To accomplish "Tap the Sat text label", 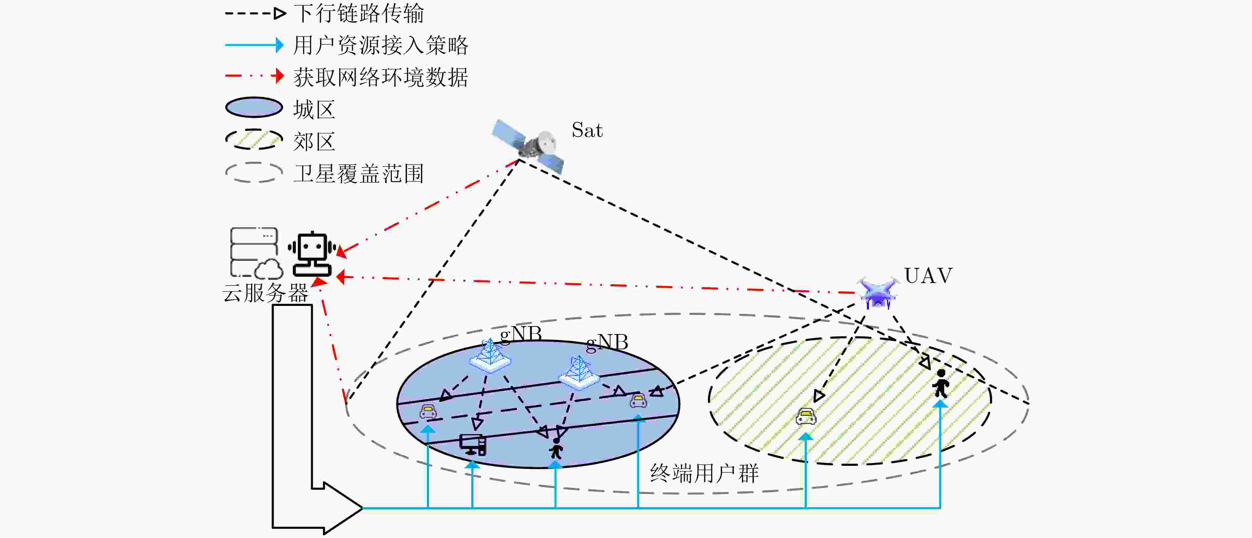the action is pyautogui.click(x=587, y=130).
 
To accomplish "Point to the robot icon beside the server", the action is pyautogui.click(x=312, y=254).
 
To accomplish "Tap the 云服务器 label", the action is pyautogui.click(x=265, y=293).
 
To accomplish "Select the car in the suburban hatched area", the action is pyautogui.click(x=806, y=416).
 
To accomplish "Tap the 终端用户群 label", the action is pyautogui.click(x=704, y=473).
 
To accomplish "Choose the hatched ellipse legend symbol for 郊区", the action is pyautogui.click(x=254, y=139).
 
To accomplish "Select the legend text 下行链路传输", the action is pyautogui.click(x=359, y=13).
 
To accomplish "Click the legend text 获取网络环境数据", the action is pyautogui.click(x=381, y=77).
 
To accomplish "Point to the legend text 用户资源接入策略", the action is pyautogui.click(x=381, y=45).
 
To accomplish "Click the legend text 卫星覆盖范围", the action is pyautogui.click(x=359, y=173).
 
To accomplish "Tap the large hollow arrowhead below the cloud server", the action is pyautogui.click(x=343, y=508).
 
